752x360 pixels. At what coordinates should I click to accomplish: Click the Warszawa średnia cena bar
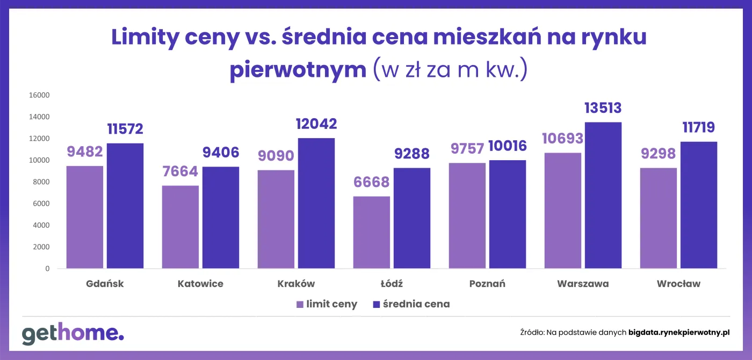(603, 196)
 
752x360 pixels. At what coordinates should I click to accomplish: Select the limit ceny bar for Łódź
(372, 232)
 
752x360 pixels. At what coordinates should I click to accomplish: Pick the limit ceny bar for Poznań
(467, 215)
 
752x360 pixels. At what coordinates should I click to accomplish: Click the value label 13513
(603, 108)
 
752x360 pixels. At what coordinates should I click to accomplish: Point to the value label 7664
(180, 171)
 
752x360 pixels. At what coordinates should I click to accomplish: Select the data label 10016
(508, 146)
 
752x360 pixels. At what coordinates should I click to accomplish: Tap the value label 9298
(659, 154)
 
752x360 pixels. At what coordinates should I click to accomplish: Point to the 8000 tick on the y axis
(41, 182)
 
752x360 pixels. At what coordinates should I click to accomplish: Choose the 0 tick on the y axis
(47, 269)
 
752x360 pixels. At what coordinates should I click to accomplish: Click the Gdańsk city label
(105, 284)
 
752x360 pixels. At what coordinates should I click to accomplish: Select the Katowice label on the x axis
(200, 284)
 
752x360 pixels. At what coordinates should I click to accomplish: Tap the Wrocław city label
(678, 284)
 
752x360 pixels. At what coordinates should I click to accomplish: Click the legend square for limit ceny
(300, 305)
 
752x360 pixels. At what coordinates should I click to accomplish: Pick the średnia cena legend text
(416, 304)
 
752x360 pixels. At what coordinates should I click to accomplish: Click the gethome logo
(73, 334)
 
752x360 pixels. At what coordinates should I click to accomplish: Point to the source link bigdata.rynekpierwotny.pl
(679, 333)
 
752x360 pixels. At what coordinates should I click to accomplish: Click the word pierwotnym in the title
(298, 70)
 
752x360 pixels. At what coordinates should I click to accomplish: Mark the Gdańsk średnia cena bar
(125, 206)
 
